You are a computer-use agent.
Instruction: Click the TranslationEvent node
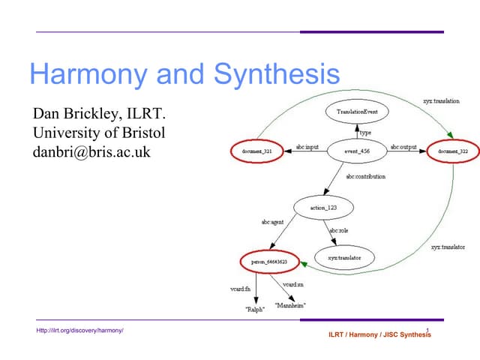356,112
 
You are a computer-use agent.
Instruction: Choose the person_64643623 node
268,261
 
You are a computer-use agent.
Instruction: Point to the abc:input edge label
307,147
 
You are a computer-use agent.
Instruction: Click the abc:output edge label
403,147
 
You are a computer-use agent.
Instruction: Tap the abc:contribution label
366,177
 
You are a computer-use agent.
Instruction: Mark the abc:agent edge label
271,223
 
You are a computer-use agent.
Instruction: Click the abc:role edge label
339,231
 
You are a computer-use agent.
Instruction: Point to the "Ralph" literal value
255,308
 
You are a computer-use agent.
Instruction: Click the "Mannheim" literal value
290,305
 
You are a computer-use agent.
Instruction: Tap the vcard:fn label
240,289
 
